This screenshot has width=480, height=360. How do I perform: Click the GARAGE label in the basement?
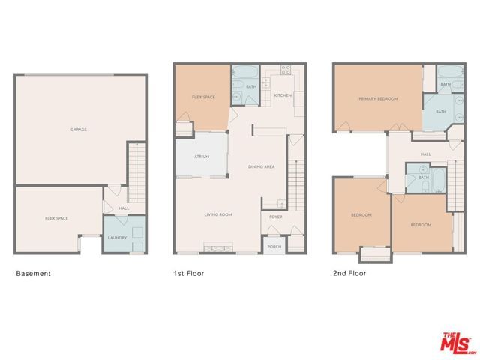79,130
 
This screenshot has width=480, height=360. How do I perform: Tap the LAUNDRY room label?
116,238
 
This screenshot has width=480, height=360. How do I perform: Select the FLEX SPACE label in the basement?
56,218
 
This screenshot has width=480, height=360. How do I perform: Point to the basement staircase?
135,166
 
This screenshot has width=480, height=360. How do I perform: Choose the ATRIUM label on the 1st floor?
201,157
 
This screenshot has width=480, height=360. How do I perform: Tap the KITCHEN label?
282,95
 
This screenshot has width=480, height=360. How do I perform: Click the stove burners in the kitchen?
286,70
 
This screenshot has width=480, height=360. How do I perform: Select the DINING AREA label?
260,166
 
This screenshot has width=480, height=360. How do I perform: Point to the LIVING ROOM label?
218,215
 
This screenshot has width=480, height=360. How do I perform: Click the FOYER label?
275,218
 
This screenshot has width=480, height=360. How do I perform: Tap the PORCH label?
274,245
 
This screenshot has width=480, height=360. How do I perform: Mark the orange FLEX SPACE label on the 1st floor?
203,97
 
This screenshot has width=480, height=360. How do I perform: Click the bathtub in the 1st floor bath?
244,73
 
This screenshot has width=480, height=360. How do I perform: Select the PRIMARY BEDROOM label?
378,98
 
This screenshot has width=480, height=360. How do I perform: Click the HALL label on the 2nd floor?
425,154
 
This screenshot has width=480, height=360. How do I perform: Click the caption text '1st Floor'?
188,274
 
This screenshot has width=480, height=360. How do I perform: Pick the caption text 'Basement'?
34,274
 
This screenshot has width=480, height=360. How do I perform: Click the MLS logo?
456,342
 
